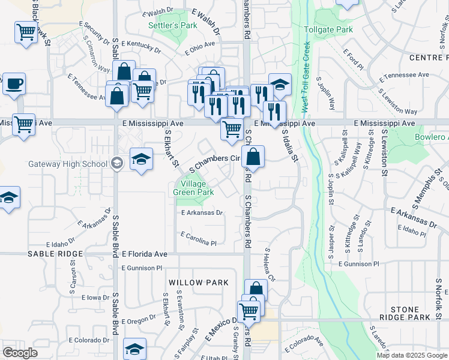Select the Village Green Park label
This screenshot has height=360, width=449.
click(193, 188)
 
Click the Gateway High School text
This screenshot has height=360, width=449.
click(68, 164)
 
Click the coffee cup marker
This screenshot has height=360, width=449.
click(14, 84)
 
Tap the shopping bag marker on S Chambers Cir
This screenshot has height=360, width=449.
click(253, 157)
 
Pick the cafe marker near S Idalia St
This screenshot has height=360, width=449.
click(280, 85)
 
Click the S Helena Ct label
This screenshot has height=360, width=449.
click(269, 266)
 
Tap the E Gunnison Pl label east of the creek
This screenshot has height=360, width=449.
click(358, 263)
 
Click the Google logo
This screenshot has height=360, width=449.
click(20, 353)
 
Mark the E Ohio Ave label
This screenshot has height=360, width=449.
click(200, 48)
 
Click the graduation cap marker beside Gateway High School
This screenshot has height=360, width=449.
click(140, 159)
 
